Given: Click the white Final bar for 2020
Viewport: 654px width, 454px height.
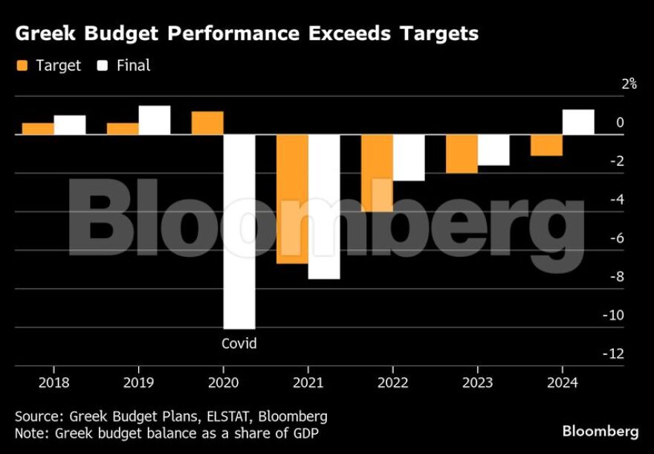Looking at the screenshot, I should coord(239,231).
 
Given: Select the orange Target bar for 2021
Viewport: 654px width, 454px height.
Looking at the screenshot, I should coord(292,199).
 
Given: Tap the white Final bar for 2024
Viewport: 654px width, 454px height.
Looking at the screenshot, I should coord(578,122).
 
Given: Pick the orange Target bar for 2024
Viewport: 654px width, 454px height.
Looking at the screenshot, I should coord(546,145).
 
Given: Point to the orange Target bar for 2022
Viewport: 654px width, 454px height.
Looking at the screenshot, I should coord(377,173).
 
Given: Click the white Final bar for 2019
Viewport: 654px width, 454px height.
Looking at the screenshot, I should coord(155,120).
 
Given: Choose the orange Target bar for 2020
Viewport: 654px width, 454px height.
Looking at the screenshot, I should coord(207,123).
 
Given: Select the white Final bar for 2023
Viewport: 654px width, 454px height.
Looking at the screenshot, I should coord(493,150).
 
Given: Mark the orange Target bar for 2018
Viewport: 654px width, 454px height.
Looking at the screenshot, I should coord(38,129).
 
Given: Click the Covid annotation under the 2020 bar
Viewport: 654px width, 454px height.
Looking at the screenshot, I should coord(239,343).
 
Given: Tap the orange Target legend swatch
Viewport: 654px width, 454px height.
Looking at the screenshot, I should coord(22,65).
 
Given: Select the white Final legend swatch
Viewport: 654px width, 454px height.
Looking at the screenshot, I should coord(103,65).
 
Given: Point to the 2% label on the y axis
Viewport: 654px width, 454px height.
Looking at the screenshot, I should coord(629,84).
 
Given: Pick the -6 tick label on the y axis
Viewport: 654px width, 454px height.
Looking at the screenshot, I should coord(616,238).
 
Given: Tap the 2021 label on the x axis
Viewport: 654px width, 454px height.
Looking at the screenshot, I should coord(308,383).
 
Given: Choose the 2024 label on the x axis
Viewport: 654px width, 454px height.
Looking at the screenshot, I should coord(563,383).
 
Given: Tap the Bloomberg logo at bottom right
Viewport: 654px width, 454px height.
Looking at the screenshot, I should coord(600,431).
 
